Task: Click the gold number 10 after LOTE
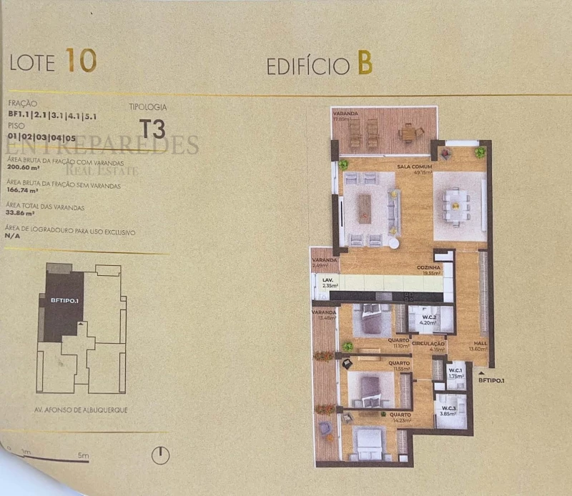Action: point(81,61)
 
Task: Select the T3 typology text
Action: point(152,129)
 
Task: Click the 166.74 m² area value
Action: point(22,192)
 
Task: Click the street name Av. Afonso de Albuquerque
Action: point(81,410)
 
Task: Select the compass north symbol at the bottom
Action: point(162,455)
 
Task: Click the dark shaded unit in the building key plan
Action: point(62,304)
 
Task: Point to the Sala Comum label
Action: point(413,167)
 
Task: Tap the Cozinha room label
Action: point(429,267)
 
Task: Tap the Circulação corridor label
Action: point(428,344)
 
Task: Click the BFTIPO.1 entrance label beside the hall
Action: point(491,381)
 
